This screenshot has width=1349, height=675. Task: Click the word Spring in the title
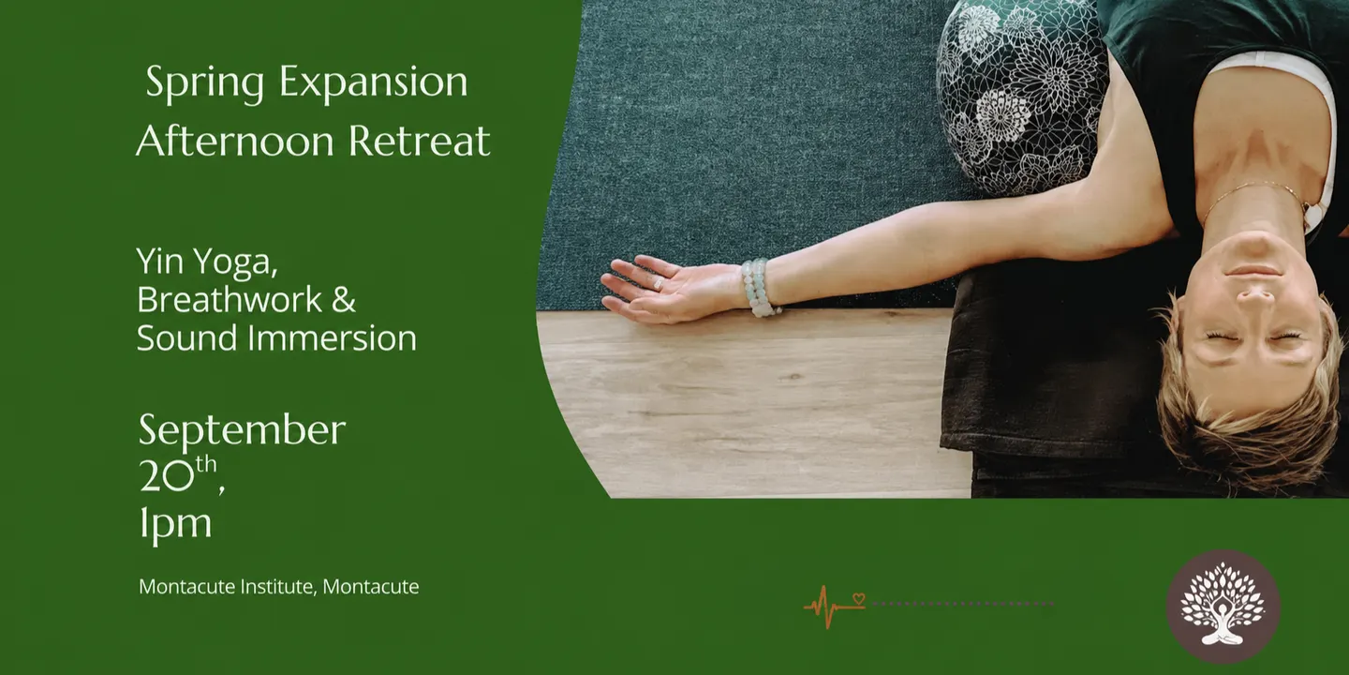point(205,82)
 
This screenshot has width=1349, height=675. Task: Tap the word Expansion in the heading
point(374,82)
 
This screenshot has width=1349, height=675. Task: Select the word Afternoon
point(235,141)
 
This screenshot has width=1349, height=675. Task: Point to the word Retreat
point(419,141)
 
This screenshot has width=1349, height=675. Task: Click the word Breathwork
point(230,299)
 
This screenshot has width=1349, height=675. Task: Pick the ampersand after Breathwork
point(343,300)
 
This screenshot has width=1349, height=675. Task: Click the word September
point(242,431)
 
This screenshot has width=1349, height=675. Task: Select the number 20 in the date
point(167,475)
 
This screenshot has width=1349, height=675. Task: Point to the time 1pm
point(175,522)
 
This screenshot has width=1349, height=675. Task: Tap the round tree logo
point(1223,607)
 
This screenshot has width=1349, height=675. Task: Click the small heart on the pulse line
point(859,598)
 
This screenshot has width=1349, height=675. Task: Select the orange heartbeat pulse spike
point(829,607)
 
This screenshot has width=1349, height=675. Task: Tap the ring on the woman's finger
point(659,283)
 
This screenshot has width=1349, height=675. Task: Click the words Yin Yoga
point(207,262)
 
